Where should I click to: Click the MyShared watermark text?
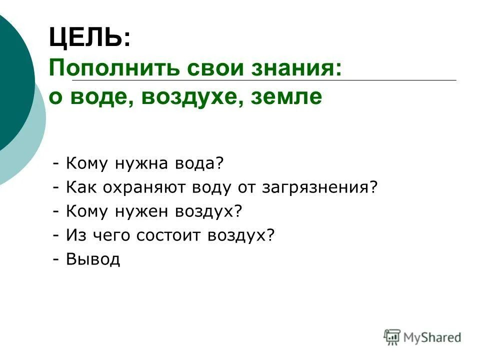432,337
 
